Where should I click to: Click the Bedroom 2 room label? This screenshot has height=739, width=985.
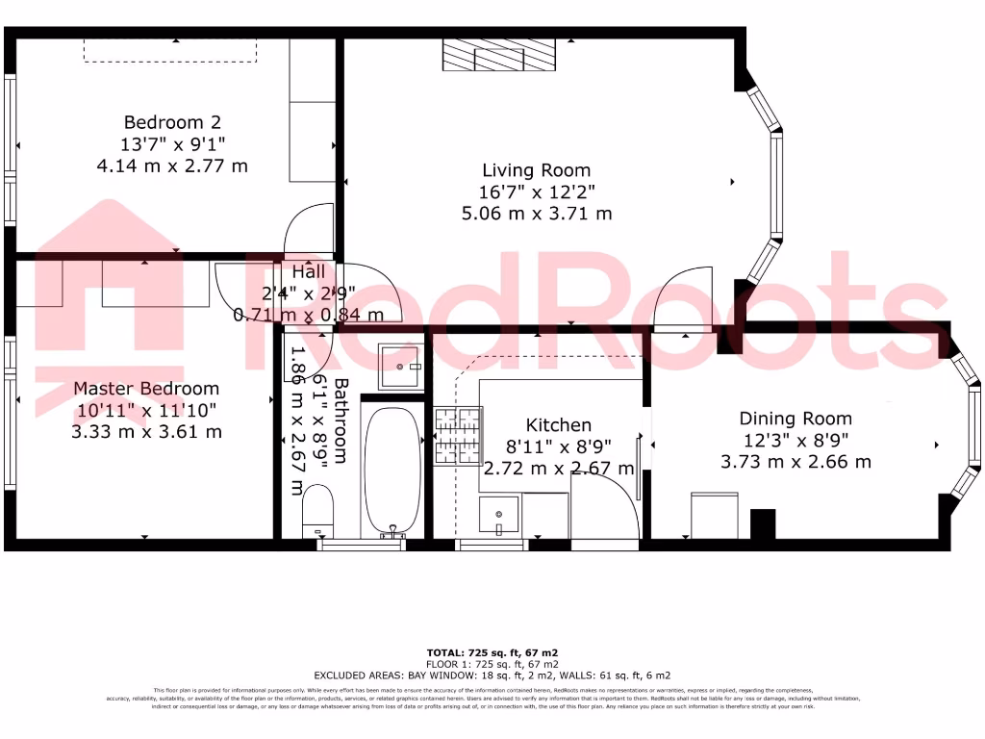tap(172, 122)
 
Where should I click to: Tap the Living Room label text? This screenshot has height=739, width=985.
tap(536, 170)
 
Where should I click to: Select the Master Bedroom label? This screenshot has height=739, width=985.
tap(146, 389)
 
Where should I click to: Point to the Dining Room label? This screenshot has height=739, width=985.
tap(796, 419)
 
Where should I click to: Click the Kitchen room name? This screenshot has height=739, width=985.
tap(558, 425)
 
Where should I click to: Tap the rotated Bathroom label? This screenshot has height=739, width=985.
tap(341, 420)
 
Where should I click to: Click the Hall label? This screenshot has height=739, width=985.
tap(294, 273)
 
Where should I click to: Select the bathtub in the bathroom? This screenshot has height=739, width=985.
tap(391, 471)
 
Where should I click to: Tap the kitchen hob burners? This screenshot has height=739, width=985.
tap(458, 435)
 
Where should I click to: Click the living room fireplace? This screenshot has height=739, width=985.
tap(499, 55)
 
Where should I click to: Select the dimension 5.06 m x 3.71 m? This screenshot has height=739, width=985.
tap(536, 214)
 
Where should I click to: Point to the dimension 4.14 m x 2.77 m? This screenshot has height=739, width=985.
tap(172, 166)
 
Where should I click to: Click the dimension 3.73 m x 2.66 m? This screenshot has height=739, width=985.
tap(796, 462)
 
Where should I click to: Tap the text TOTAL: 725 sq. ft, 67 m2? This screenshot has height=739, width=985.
tap(492, 653)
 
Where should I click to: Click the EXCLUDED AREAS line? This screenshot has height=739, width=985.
tap(492, 675)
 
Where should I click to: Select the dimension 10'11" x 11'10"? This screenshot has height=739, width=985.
tap(146, 411)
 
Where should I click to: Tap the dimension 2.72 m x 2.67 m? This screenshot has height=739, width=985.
tap(558, 469)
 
